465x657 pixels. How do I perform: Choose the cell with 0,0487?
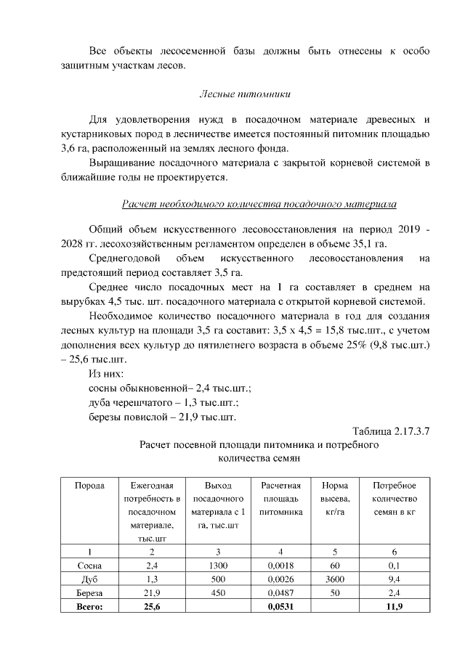coord(280,592)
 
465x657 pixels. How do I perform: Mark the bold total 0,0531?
coord(280,606)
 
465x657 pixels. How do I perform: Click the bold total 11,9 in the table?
coord(395,606)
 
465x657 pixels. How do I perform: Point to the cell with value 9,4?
coord(395,579)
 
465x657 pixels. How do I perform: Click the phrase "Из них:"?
coord(106,373)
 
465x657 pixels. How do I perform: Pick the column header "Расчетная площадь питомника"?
coord(280,499)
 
